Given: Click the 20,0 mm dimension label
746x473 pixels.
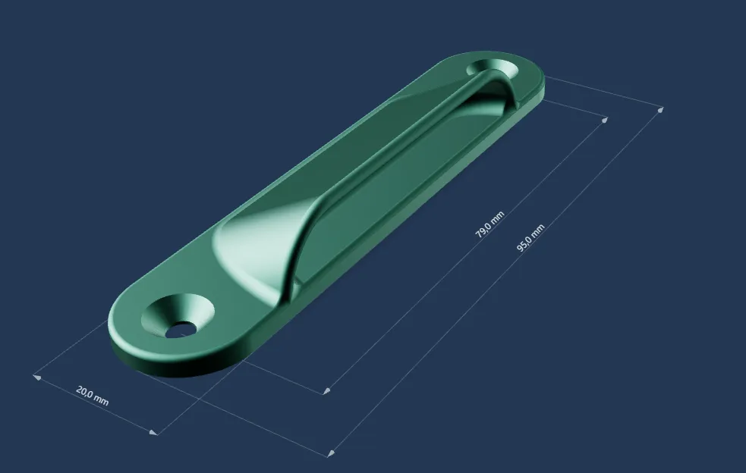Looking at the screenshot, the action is (x=93, y=396).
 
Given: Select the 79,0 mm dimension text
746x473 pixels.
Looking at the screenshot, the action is (x=489, y=224).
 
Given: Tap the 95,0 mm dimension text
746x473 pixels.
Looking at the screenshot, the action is (x=530, y=238).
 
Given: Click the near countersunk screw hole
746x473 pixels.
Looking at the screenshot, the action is (x=178, y=315).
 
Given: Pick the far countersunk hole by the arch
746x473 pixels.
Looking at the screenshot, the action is (x=493, y=68).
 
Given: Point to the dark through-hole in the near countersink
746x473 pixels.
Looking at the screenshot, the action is (x=181, y=329).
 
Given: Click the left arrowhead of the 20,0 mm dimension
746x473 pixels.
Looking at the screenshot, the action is (x=36, y=377).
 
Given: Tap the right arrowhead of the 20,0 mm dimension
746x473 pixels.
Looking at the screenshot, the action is (x=153, y=432).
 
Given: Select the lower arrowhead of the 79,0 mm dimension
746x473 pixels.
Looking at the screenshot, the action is (x=326, y=391).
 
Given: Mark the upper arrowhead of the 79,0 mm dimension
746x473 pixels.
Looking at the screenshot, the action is (x=605, y=120).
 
